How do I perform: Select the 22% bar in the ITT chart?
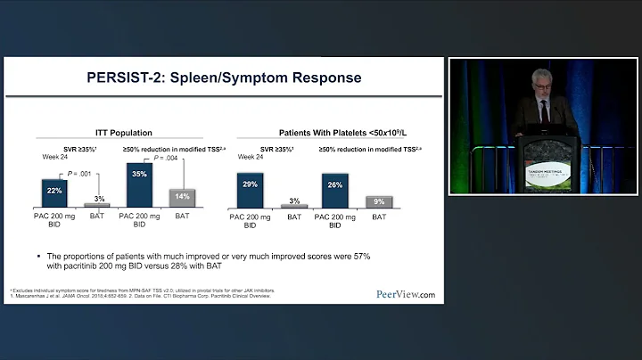[x=55, y=192]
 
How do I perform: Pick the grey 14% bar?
[x=182, y=197]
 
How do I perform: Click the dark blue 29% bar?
[x=250, y=189]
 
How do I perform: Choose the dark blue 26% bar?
[x=335, y=190]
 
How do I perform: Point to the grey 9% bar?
[x=379, y=201]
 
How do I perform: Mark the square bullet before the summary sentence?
[x=39, y=255]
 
